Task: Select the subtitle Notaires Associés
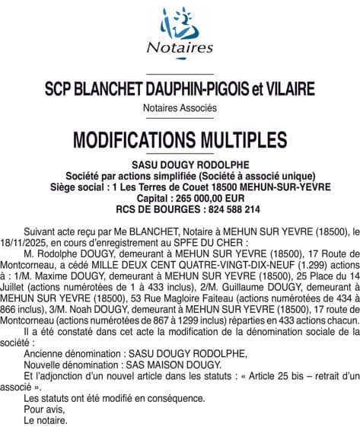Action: point(180,108)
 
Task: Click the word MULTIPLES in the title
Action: point(244,140)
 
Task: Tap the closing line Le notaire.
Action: point(45,419)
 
